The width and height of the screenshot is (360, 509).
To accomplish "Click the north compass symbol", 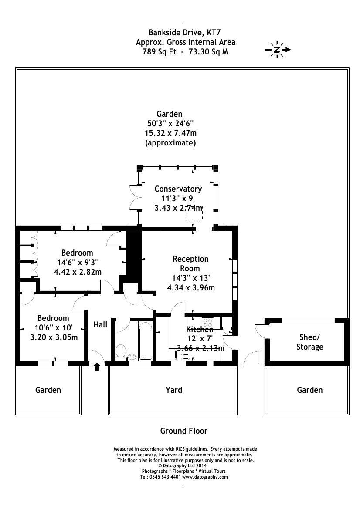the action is tap(277, 50).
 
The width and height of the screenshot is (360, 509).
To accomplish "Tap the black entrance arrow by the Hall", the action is tap(97, 367).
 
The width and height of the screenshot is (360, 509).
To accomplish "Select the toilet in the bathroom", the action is tap(121, 351).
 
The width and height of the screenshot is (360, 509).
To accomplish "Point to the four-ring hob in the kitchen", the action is tap(208, 323).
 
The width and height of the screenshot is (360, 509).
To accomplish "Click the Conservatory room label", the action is tap(178, 189).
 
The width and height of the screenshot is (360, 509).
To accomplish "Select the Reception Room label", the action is tap(190, 263).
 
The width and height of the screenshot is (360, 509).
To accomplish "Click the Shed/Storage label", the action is tap(310, 342).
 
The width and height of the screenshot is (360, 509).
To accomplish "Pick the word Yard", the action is tap(174, 390).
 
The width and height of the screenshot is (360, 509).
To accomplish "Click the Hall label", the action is tap(101, 324).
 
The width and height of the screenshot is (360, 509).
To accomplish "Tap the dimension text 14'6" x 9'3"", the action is tap(77, 262).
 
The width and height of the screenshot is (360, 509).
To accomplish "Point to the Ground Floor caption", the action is tap(183, 431).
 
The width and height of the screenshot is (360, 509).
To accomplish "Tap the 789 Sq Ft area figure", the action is tap(158, 51).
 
